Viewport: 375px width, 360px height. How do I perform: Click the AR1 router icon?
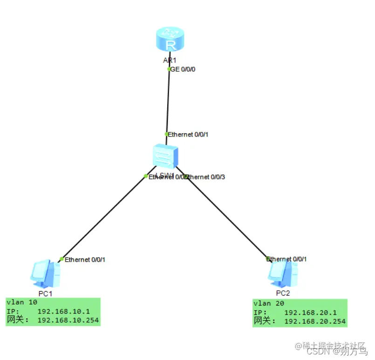pos(170,40)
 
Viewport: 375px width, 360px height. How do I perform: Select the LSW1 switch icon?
pos(165,156)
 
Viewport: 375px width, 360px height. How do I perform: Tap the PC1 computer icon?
pos(45,275)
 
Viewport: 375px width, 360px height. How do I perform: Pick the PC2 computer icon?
pos(283,274)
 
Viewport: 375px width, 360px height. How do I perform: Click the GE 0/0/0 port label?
pos(184,69)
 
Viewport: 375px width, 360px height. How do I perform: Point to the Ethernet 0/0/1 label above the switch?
pos(188,135)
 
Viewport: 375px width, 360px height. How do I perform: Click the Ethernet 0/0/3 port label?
pos(206,177)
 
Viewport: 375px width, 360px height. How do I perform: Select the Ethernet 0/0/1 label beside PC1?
pos(85,259)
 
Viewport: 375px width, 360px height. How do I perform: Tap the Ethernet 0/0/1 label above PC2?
pos(286,259)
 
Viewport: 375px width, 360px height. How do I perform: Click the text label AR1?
pos(170,61)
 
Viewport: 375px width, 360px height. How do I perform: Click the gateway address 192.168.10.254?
pos(68,320)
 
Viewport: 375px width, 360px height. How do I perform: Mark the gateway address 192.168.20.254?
pos(315,321)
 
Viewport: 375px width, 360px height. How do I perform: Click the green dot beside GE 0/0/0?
pos(169,69)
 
